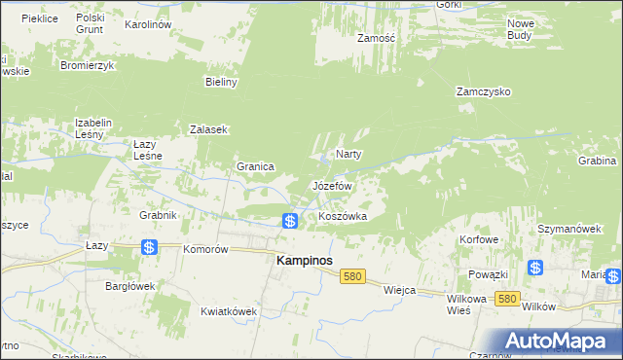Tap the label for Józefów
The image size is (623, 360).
coord(331,185)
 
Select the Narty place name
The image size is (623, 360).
coord(348,155)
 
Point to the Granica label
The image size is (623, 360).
coord(255,166)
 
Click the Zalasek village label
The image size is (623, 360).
coord(208,129)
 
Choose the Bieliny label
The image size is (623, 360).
coord(221,83)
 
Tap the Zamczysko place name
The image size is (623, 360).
coord(484,92)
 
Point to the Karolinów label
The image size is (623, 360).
coord(148,23)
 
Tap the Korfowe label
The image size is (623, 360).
coord(480,238)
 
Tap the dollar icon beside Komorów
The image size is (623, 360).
coord(149,248)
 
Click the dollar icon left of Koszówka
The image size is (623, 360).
coord(290,222)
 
